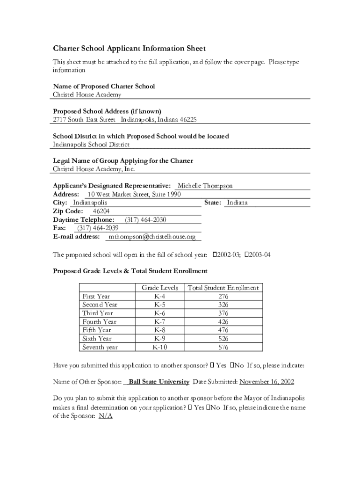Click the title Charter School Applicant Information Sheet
[129, 49]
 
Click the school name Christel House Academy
[87, 95]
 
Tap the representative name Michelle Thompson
[205, 186]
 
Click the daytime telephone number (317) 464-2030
[145, 220]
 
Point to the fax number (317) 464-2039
[98, 228]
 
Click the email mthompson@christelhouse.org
[152, 237]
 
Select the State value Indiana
[237, 203]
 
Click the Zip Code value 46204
[101, 211]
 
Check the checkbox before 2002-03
[215, 255]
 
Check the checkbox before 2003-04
[246, 255]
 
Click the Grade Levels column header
[159, 288]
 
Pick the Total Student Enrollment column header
[223, 288]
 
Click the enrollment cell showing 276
[223, 297]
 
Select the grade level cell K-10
[159, 348]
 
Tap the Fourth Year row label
[99, 322]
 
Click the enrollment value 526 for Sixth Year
[223, 339]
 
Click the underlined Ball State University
[159, 382]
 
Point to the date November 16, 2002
[266, 382]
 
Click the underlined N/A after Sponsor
[106, 416]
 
